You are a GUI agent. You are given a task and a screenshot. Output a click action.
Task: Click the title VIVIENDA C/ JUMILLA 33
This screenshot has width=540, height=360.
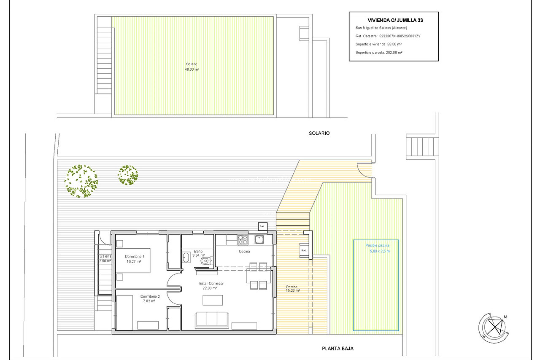point(395,20)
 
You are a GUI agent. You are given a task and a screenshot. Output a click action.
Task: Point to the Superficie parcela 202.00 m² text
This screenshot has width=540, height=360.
point(379,53)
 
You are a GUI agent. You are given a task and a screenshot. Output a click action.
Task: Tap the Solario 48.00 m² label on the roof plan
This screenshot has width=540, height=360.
point(192,67)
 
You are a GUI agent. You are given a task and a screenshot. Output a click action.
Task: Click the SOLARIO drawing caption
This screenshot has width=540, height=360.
point(319,133)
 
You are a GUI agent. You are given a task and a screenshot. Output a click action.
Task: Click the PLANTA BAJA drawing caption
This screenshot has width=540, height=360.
point(337,348)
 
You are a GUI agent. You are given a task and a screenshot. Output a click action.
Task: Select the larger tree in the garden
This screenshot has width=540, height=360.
point(81,181)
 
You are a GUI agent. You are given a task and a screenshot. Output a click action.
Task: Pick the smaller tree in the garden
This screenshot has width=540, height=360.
point(128,175)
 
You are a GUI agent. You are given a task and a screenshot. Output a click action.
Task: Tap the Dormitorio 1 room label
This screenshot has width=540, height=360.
point(134,259)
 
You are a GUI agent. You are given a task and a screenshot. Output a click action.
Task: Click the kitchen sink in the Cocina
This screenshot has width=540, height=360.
point(259,239)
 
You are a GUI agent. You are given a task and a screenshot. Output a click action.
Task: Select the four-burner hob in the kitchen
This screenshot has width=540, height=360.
point(243,240)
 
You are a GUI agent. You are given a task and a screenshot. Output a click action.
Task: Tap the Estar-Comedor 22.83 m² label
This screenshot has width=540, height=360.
point(211,286)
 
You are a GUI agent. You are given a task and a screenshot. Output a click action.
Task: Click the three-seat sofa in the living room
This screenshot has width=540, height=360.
point(212,319)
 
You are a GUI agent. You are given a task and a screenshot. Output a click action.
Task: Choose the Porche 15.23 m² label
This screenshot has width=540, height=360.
point(292,289)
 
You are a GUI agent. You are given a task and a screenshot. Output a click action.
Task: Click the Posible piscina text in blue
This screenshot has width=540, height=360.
point(377,246)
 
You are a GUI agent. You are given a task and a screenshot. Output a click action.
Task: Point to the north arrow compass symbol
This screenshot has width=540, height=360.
point(494,328)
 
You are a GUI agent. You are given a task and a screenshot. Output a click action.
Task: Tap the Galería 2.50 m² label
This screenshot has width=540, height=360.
point(105,258)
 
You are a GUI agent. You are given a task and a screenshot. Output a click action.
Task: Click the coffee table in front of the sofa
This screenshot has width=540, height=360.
point(213,300)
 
